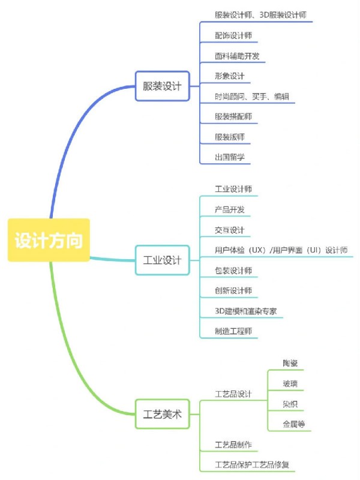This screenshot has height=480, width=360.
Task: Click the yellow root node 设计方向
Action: click(49, 240)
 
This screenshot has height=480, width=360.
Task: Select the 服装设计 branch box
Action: click(162, 86)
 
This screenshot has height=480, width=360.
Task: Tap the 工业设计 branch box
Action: click(162, 260)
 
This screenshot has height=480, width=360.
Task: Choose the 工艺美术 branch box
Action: click(162, 414)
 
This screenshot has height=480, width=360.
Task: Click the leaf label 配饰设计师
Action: click(233, 35)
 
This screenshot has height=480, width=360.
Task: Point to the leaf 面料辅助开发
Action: click(237, 56)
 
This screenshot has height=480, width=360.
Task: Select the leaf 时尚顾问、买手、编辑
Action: click(254, 97)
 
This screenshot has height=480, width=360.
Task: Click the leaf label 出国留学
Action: click(230, 157)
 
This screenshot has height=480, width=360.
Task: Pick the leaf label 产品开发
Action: click(230, 209)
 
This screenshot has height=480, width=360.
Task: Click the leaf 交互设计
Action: click(230, 230)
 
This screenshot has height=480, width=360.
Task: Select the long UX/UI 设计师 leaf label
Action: click(281, 250)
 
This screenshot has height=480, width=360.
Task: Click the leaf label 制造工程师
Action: click(233, 331)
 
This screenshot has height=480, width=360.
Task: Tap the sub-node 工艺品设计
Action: click(233, 394)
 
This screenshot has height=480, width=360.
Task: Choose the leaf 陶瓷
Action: click(290, 364)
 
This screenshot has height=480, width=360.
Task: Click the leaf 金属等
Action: click(294, 424)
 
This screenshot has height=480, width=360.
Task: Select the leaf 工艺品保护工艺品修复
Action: click(254, 464)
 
